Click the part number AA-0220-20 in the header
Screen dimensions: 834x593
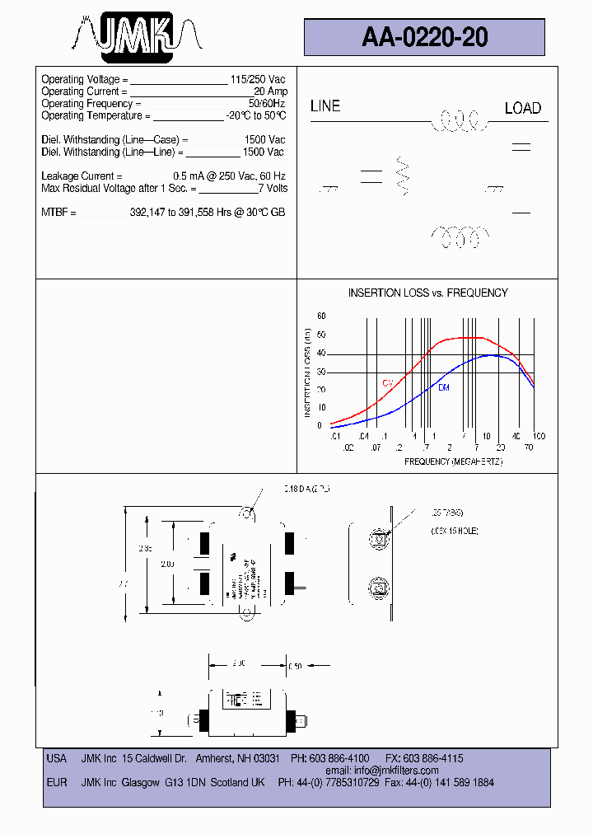click(x=424, y=37)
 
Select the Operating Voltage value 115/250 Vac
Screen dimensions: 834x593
click(x=258, y=79)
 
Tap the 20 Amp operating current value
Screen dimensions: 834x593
click(x=270, y=91)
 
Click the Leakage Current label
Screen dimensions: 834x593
click(x=82, y=176)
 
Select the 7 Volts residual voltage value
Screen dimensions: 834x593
click(x=273, y=189)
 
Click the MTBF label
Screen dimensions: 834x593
click(x=58, y=213)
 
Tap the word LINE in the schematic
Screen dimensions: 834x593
click(x=325, y=106)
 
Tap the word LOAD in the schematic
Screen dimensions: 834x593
click(x=522, y=109)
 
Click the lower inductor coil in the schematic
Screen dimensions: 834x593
click(x=456, y=237)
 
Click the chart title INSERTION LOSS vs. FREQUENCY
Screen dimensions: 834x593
click(x=427, y=293)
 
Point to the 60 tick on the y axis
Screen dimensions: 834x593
click(x=321, y=316)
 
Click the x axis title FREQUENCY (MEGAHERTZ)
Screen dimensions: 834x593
click(x=453, y=462)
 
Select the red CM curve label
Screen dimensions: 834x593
click(x=386, y=383)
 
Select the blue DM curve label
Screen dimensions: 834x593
click(x=443, y=387)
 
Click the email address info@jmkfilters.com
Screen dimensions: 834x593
click(x=396, y=771)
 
